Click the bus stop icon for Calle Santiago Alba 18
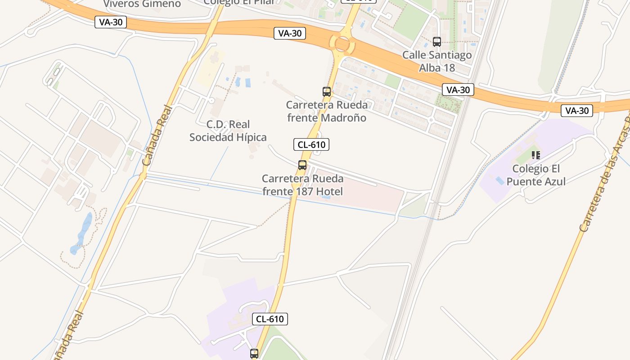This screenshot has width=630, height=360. (436, 42)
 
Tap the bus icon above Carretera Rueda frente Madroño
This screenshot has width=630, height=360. (327, 92)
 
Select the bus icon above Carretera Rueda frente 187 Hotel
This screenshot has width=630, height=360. (302, 165)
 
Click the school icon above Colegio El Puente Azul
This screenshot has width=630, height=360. (535, 155)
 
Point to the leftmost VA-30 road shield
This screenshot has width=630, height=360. (111, 22)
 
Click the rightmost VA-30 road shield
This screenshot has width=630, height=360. (576, 110)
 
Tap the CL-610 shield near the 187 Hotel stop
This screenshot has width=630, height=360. (311, 144)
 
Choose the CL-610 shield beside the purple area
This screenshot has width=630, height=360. (270, 319)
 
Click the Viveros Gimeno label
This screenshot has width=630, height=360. (142, 4)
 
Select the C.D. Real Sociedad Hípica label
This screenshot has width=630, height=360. (228, 131)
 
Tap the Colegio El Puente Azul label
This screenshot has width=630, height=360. (536, 175)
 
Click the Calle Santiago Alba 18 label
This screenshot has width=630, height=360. (437, 61)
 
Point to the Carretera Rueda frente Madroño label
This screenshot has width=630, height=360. (327, 111)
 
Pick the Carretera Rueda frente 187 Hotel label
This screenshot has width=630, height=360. (302, 185)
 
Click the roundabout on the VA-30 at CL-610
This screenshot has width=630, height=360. (342, 44)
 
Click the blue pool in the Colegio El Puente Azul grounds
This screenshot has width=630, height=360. (499, 180)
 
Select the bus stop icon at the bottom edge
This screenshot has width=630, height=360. (254, 354)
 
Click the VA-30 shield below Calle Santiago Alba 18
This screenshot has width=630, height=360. (458, 90)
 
